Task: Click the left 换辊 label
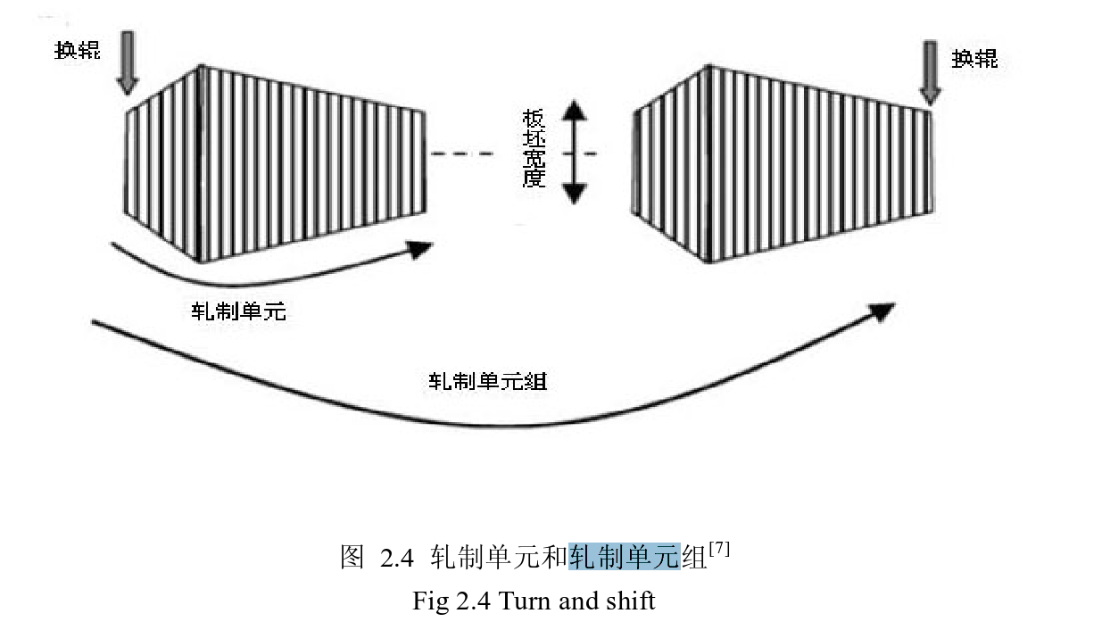pos(78,50)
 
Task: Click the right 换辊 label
pos(974,60)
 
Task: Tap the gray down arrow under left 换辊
pos(128,62)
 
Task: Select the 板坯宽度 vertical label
pos(533,149)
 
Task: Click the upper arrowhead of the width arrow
pos(575,111)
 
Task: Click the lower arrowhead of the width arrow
pos(575,191)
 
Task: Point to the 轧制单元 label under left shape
pos(238,312)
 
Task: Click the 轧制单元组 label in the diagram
pos(487,382)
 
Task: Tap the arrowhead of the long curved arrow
pos(881,311)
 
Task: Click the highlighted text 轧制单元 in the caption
pos(625,558)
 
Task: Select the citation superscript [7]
pos(719,551)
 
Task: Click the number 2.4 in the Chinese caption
pos(397,559)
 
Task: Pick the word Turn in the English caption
pos(526,601)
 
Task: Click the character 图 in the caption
pos(352,559)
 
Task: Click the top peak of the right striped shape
pos(708,65)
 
